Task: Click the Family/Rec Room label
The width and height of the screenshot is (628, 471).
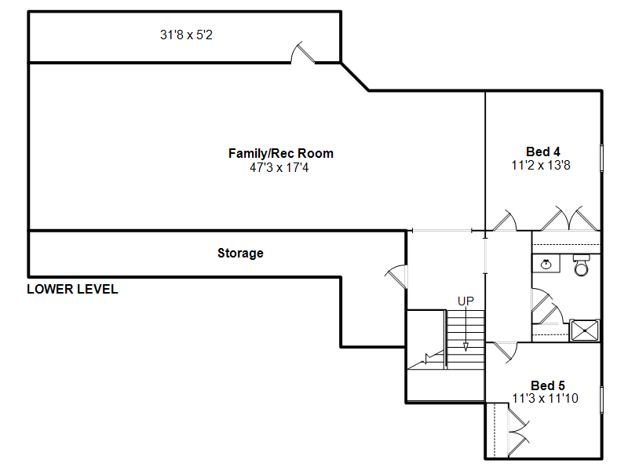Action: click(x=281, y=153)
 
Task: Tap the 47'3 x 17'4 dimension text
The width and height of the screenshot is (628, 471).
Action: click(x=279, y=167)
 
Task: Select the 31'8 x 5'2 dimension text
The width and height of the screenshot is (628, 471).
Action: click(x=186, y=35)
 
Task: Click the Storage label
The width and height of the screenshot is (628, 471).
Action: click(x=240, y=253)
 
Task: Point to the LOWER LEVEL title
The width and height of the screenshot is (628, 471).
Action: click(x=72, y=289)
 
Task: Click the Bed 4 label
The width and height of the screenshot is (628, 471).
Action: click(x=542, y=152)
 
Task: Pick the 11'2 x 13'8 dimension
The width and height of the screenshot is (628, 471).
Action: click(x=541, y=165)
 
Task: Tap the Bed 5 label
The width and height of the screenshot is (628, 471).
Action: click(x=547, y=385)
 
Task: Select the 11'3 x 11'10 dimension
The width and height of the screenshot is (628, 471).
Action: click(x=545, y=399)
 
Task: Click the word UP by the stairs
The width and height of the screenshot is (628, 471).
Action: click(x=466, y=301)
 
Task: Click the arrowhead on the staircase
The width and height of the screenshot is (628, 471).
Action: click(x=466, y=347)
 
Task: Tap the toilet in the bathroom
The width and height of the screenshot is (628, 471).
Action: click(x=582, y=265)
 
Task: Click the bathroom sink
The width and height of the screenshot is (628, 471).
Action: click(x=546, y=264)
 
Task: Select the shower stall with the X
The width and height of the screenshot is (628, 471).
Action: click(x=584, y=330)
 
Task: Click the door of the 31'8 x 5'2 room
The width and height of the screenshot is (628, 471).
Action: click(x=303, y=53)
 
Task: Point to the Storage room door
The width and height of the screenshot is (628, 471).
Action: click(x=396, y=276)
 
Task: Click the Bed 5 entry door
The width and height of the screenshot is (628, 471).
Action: click(x=505, y=352)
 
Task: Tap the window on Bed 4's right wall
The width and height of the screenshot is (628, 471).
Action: click(x=601, y=159)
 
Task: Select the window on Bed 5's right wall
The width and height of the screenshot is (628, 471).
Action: click(x=601, y=400)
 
